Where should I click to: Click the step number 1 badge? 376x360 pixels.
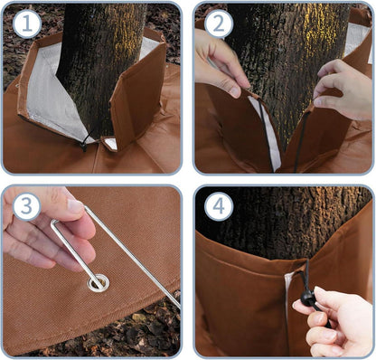coord(27,24)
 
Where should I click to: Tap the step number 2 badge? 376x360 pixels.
coord(219,24)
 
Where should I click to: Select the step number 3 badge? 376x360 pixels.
coord(27,206)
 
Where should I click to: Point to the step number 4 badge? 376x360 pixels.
coord(219,206)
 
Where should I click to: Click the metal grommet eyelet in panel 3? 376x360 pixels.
coord(99,284)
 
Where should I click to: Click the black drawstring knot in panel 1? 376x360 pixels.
coord(83,146)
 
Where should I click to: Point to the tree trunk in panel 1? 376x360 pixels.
coord(99,70)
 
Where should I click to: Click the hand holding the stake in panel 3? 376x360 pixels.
coord(45,229)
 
